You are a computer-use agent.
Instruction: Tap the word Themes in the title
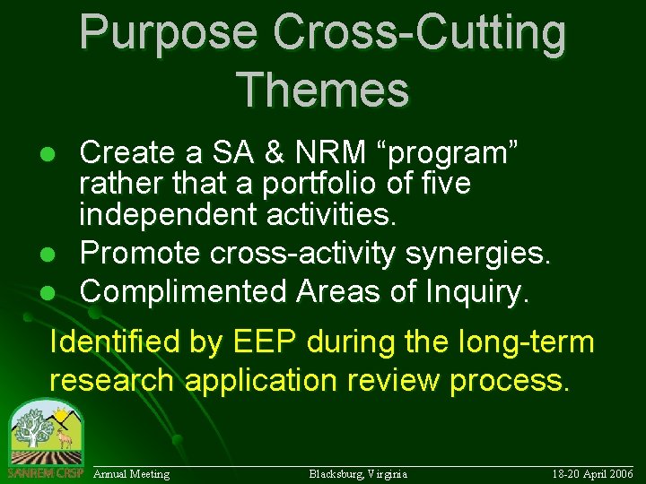coord(323,90)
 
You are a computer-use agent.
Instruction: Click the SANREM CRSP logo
coord(45,439)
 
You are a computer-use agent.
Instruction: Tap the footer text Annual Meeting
coord(132,473)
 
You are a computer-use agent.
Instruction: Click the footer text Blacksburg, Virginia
coord(358,473)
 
